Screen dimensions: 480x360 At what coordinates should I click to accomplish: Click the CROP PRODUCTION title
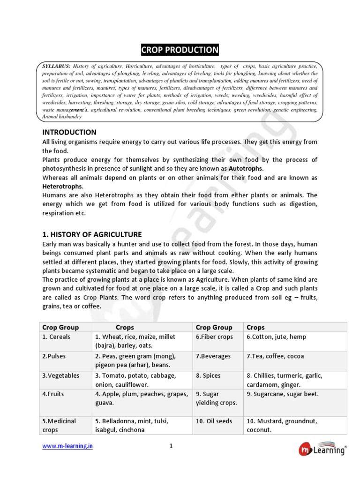point(180,50)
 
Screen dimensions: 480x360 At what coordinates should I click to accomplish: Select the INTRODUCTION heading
point(69,132)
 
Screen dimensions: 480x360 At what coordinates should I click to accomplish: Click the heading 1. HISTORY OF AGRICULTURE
point(92,234)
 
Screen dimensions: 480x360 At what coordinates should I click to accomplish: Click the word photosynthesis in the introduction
point(67,168)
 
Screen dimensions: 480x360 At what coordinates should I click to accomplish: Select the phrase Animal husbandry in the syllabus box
point(62,116)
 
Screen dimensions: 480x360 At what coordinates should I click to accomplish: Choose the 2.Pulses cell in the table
point(54,356)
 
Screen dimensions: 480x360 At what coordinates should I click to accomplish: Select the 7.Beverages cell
point(213,356)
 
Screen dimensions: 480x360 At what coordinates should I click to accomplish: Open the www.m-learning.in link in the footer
point(67,446)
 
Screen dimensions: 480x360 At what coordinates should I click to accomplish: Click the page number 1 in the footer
point(171,446)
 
